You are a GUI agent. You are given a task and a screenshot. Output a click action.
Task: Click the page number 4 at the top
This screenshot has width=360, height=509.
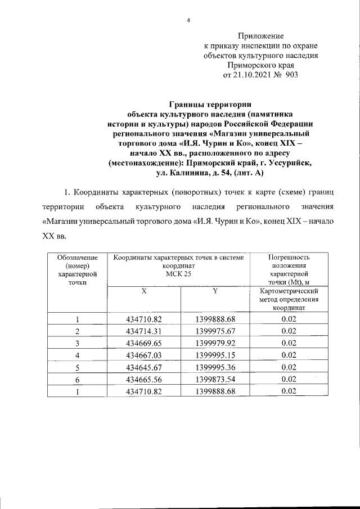(189, 21)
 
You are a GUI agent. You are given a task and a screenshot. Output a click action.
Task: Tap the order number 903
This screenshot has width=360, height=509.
(291, 74)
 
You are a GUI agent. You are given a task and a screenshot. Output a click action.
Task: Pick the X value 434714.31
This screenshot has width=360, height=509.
(144, 330)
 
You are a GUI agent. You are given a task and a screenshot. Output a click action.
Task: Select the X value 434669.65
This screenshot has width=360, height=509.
(144, 343)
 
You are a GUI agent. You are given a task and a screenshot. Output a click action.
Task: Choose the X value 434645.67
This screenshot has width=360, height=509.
(144, 367)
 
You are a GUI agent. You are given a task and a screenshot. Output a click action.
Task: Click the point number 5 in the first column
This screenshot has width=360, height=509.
(77, 367)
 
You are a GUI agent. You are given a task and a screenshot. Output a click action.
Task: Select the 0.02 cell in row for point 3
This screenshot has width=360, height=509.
(289, 343)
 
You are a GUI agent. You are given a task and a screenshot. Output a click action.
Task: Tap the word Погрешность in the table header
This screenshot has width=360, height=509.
(289, 257)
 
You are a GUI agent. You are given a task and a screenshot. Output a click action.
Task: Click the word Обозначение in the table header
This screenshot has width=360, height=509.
(77, 257)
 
